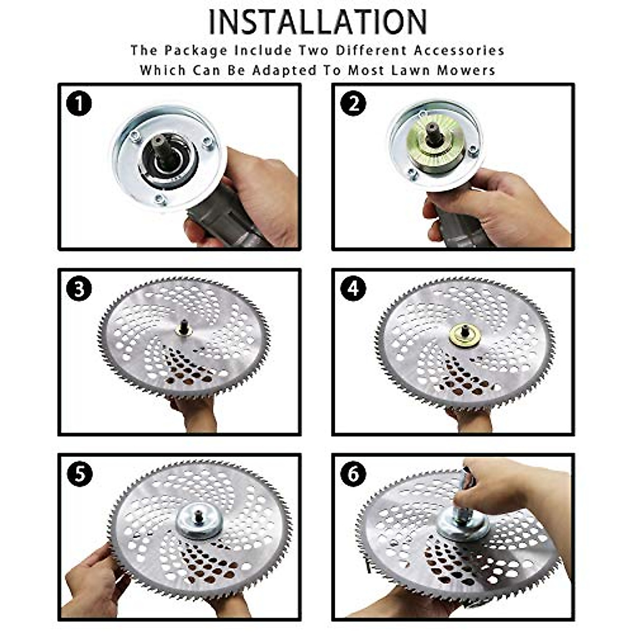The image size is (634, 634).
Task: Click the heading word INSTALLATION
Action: pos(318,22)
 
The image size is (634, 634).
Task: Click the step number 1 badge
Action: pos(79,104)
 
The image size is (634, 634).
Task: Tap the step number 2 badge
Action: pos(353,104)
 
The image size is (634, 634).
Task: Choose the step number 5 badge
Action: pos(79,474)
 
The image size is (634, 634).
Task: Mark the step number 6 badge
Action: pos(353,474)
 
